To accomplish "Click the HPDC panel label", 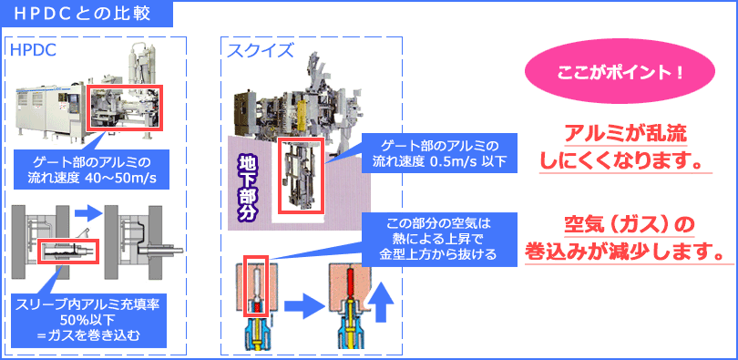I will tap(32, 49).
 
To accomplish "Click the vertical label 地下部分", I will tap(248, 182).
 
